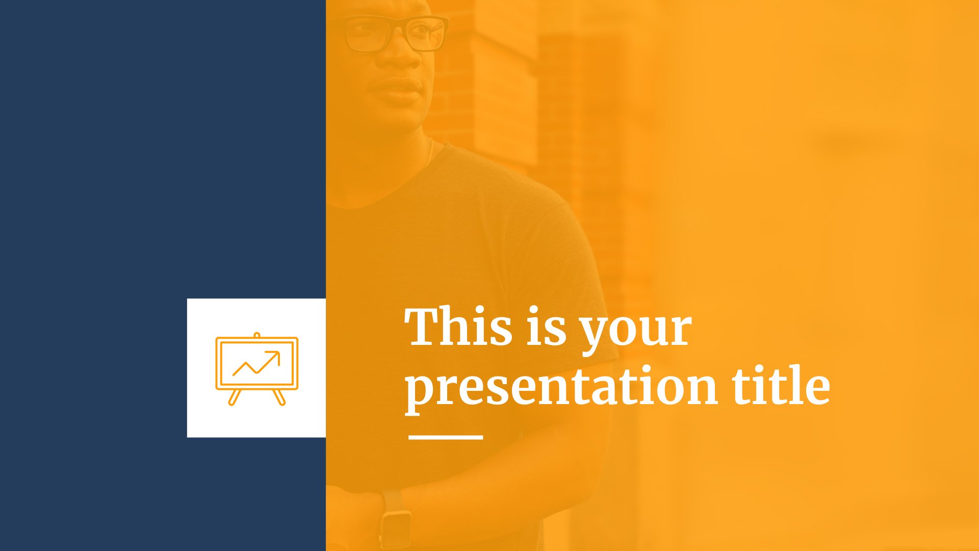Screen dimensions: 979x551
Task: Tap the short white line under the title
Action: click(446, 437)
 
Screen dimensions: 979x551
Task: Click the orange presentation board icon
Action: click(256, 369)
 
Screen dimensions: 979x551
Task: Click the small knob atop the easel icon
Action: click(257, 335)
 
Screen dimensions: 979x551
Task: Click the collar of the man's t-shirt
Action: click(388, 189)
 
